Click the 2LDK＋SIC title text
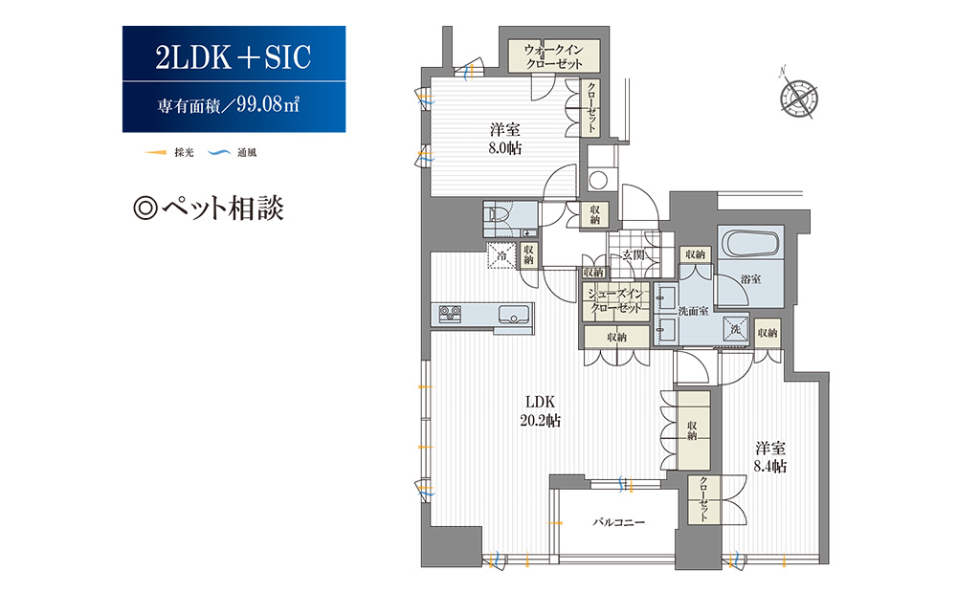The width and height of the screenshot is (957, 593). [x=233, y=58]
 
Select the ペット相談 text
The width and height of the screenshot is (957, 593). [x=210, y=209]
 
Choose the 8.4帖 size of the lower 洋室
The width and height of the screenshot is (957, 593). [x=769, y=467]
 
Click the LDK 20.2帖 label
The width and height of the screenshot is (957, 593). [x=541, y=410]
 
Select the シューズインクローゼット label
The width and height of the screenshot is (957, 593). [x=617, y=301]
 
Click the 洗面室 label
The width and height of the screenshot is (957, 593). [x=692, y=311]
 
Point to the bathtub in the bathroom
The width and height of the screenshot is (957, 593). [x=751, y=243]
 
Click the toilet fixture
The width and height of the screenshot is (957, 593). [x=498, y=216]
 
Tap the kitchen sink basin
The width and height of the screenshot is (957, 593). [x=512, y=314]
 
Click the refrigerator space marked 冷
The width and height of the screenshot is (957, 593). [x=501, y=255]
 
